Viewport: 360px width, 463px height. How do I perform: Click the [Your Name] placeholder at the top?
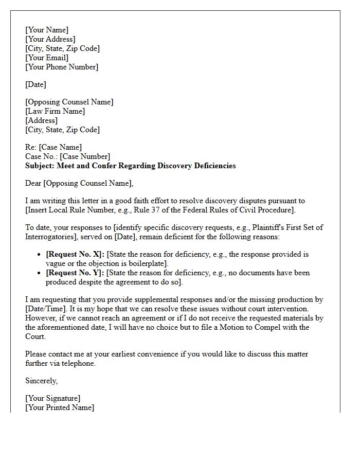pyautogui.click(x=47, y=30)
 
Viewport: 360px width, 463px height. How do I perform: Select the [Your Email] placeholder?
pyautogui.click(x=47, y=58)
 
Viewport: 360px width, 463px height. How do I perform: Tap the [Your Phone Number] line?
pyautogui.click(x=62, y=67)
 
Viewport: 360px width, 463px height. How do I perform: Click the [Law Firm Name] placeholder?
pyautogui.click(x=55, y=111)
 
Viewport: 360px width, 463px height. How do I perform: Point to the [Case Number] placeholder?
pyautogui.click(x=85, y=156)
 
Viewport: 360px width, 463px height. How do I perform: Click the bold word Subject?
pyautogui.click(x=40, y=166)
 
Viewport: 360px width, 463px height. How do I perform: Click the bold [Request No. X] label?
pyautogui.click(x=75, y=254)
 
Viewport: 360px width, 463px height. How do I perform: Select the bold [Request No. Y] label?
pyautogui.click(x=75, y=273)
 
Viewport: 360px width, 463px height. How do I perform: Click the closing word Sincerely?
pyautogui.click(x=41, y=381)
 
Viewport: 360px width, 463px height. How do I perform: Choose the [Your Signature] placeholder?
pyautogui.click(x=52, y=398)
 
